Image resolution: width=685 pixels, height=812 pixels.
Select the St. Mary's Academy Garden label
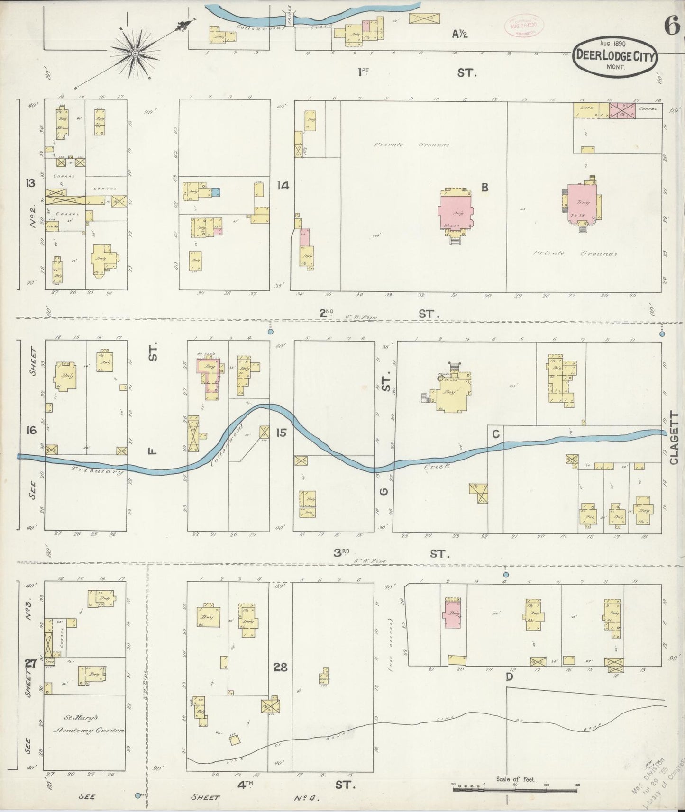coord(88,723)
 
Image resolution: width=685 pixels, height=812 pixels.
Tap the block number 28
coord(281,667)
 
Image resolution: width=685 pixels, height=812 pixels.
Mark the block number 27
coord(31,664)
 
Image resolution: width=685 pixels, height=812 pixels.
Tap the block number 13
coord(30,183)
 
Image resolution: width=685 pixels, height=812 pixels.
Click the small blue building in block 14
coord(216,191)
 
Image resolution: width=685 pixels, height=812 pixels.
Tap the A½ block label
coord(460,34)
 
